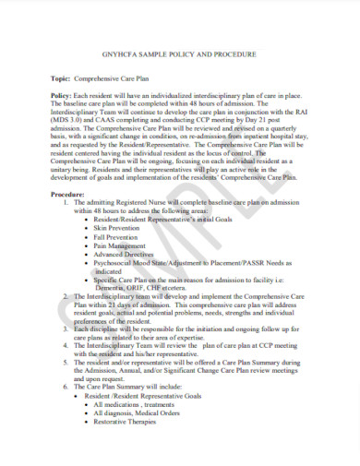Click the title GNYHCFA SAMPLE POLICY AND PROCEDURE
coord(181,55)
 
